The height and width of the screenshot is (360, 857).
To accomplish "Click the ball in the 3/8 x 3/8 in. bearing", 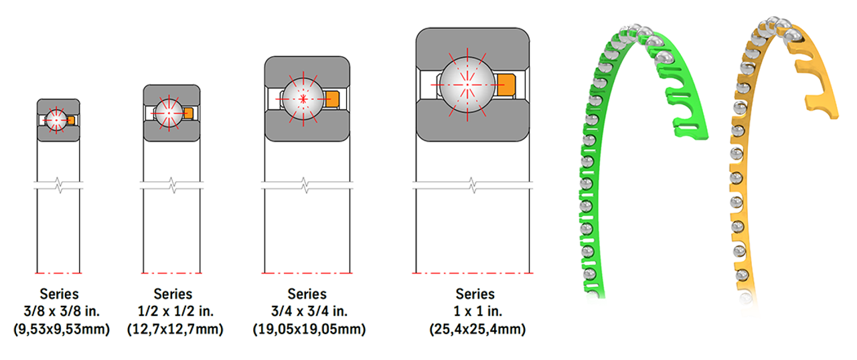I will click(x=55, y=120).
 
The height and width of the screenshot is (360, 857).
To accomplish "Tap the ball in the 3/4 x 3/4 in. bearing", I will click(x=303, y=98).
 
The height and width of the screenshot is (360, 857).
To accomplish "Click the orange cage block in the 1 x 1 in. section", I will click(x=505, y=84).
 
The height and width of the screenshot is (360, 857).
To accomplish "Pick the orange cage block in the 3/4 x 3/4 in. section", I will click(x=332, y=98).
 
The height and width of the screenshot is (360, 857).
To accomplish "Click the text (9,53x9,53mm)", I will click(x=61, y=329).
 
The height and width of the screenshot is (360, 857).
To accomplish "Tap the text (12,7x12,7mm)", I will click(x=174, y=329).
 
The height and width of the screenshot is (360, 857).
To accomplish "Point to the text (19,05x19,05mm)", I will click(x=308, y=329).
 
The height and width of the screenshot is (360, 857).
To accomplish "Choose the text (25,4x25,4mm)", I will click(x=476, y=329).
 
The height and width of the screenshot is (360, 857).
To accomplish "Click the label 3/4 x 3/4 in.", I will click(x=308, y=311).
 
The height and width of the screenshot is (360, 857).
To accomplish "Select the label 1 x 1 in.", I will click(x=476, y=311).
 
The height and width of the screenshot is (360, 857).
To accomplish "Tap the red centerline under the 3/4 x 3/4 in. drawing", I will click(x=307, y=274).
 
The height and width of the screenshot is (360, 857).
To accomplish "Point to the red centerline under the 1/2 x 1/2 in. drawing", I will click(x=172, y=274).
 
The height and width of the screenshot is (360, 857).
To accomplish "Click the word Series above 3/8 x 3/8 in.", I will click(x=59, y=294).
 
